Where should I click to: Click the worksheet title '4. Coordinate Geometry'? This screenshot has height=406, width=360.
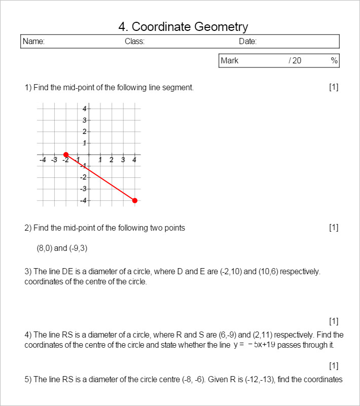coord(183,27)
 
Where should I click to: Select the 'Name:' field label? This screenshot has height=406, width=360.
coord(33,42)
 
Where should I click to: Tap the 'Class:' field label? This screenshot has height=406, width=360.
coord(134,42)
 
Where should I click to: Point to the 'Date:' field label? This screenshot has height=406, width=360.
coord(247,42)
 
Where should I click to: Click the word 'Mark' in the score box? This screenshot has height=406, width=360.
coord(230,61)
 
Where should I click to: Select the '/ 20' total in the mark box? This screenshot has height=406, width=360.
coord(295,61)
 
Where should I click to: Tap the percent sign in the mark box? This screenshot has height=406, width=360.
coord(334,61)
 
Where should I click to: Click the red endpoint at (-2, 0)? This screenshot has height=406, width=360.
coord(66,154)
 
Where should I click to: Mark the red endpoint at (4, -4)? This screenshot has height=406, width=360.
coord(135,200)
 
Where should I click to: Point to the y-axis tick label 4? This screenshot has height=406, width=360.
coord(85,108)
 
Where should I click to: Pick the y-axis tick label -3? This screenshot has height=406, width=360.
coord(84,189)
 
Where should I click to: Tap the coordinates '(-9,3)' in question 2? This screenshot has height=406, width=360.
coord(80,248)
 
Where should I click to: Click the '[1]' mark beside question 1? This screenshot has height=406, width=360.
coord(334,87)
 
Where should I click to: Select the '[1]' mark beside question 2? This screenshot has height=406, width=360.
coord(334,228)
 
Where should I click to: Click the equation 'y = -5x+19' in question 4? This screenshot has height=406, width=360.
coord(255,345)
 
